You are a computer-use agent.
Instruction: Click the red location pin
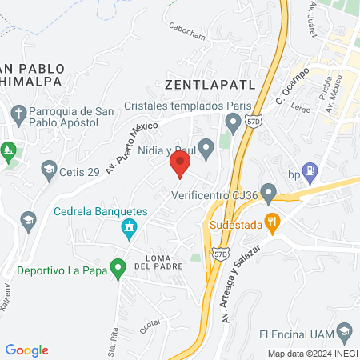[179, 166]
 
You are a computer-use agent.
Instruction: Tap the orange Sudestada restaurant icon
[272, 225]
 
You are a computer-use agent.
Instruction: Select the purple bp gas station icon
[312, 170]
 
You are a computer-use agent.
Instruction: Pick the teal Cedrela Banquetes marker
[127, 230]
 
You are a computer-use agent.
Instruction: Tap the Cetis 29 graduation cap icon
[50, 168]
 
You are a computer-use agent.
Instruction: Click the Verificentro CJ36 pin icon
[269, 193]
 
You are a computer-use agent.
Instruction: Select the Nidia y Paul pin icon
[206, 146]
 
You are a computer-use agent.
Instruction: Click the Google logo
[27, 350]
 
